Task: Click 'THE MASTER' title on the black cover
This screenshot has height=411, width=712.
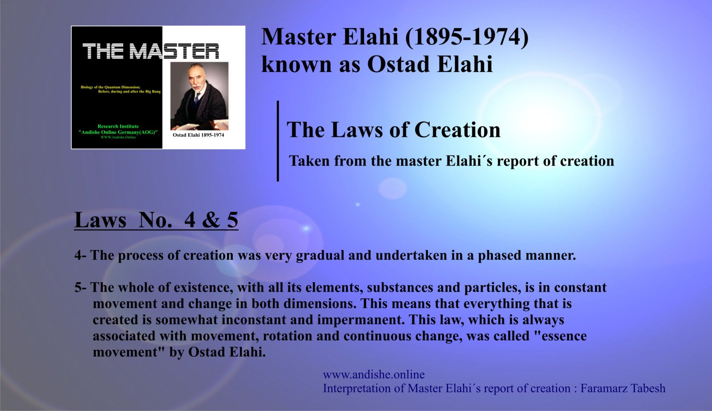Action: [151, 52]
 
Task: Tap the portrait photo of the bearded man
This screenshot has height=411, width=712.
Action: [199, 96]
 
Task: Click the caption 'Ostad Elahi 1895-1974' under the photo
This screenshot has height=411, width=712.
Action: [198, 135]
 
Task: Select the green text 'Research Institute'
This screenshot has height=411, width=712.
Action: [118, 126]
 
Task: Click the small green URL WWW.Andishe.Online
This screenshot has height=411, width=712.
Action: [118, 137]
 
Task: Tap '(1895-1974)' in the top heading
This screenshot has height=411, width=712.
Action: [467, 37]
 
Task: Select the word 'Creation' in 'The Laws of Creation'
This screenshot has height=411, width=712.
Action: [457, 130]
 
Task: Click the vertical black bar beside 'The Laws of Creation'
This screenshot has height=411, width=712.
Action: [278, 141]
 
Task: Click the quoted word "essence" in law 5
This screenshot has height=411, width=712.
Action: [560, 336]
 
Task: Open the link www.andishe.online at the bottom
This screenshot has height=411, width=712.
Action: [374, 375]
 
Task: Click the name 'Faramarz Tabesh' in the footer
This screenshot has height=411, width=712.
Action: [623, 388]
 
